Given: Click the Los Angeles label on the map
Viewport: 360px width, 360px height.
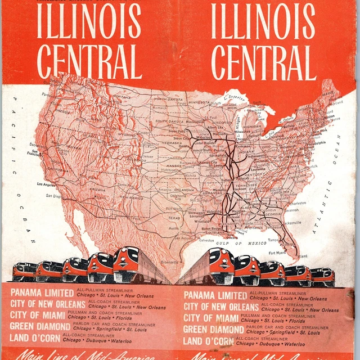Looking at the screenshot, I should coord(47,184).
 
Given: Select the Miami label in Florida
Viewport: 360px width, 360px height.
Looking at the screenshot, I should coord(303,256).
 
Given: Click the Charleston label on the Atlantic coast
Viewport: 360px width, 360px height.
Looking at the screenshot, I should coord(299,202).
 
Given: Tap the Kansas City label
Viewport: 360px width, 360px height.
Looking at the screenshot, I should coord(196,163).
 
